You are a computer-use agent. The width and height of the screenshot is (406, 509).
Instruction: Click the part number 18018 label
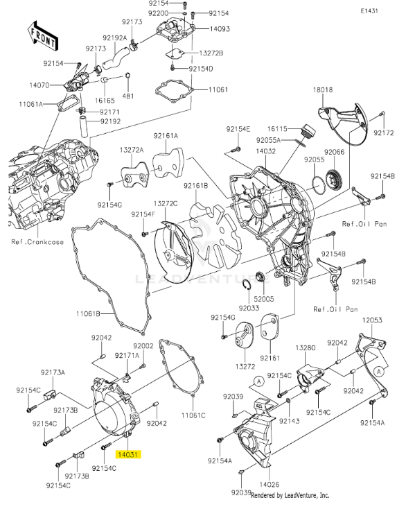pyautogui.click(x=323, y=90)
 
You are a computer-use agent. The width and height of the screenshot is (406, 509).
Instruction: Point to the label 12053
pyautogui.click(x=372, y=320)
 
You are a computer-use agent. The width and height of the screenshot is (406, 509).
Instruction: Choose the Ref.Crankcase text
pyautogui.click(x=36, y=242)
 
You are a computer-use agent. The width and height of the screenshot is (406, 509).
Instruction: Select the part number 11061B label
pyautogui.click(x=89, y=314)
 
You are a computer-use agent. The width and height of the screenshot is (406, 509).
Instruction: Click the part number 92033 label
pyautogui.click(x=249, y=307)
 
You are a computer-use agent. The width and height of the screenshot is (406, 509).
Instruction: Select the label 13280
pyautogui.click(x=306, y=347)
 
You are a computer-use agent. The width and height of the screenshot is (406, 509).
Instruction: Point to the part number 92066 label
pyautogui.click(x=335, y=152)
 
